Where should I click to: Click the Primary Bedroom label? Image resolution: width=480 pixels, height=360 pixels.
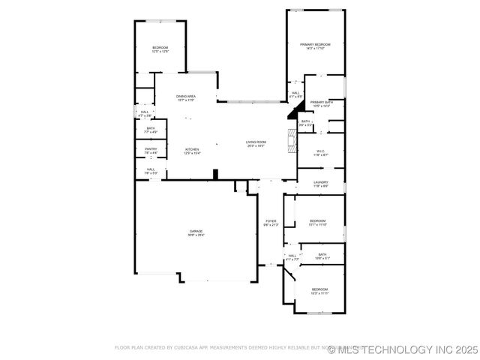316,46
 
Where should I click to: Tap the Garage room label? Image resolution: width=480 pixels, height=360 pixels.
196,232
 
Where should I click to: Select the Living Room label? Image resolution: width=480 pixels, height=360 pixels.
256,143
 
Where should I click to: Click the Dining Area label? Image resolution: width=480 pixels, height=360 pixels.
186,98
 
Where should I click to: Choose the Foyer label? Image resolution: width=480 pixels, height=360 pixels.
271,223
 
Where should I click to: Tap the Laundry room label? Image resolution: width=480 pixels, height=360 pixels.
321,183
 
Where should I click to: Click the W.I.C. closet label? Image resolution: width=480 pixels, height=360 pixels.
320,152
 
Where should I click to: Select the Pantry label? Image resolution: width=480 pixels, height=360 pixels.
151,151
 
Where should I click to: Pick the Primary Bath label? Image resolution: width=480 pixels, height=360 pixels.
322,103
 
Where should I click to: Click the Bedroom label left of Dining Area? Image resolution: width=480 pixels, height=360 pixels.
160,49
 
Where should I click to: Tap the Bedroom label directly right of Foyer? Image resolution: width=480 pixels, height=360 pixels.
318,223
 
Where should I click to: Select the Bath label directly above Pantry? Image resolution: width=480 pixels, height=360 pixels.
151,130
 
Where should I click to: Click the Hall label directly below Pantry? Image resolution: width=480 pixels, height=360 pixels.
151,171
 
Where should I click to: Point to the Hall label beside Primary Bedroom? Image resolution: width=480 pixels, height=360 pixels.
295,95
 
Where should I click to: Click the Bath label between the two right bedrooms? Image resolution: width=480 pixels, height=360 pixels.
322,256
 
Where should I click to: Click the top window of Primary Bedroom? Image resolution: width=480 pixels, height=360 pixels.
316,10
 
